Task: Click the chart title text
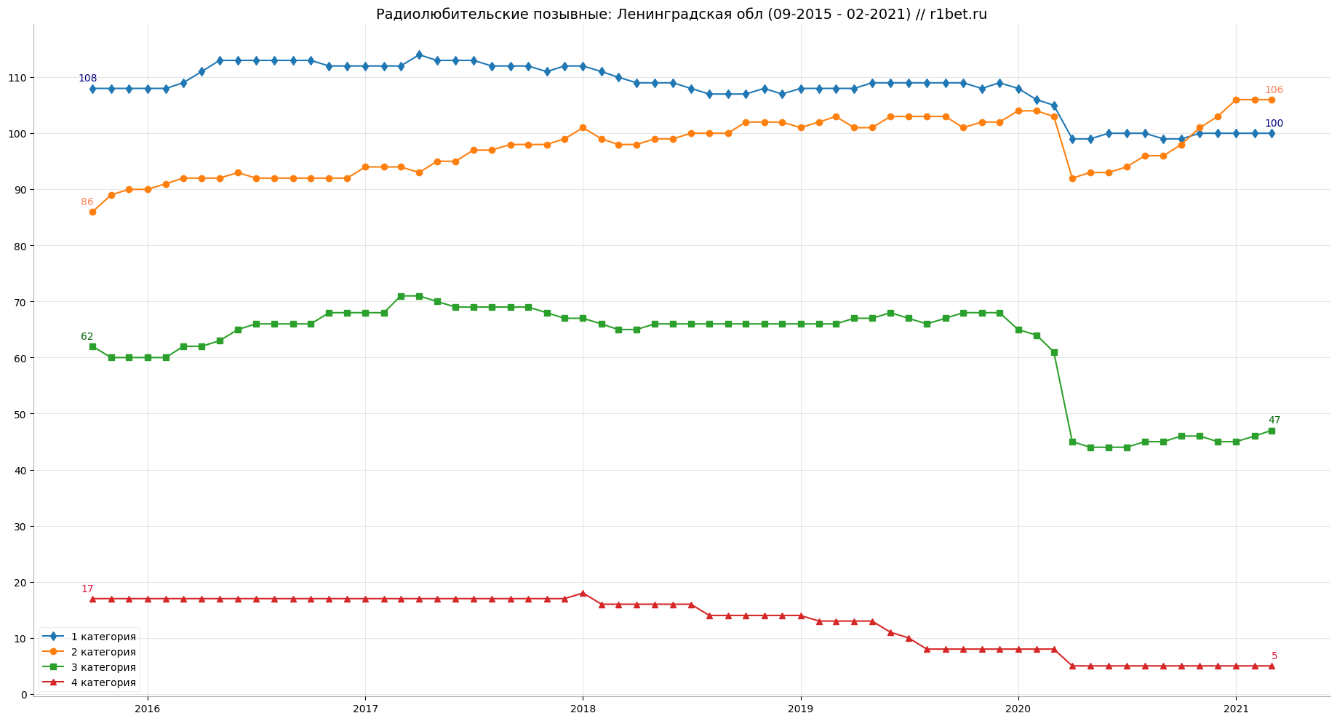pos(681,15)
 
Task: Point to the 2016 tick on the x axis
pos(148,709)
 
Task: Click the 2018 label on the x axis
pos(583,709)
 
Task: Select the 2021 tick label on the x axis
pos(1236,709)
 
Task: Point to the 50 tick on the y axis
pos(21,414)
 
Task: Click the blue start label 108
pos(87,79)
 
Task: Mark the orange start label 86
pos(87,202)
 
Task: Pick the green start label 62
pos(87,337)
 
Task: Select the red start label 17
pos(87,589)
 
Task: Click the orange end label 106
pos(1274,90)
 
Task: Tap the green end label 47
pos(1274,421)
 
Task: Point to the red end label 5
pos(1274,656)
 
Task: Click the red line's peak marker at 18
pos(583,594)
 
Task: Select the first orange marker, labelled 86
pos(92,212)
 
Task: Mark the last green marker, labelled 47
pos(1272,431)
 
